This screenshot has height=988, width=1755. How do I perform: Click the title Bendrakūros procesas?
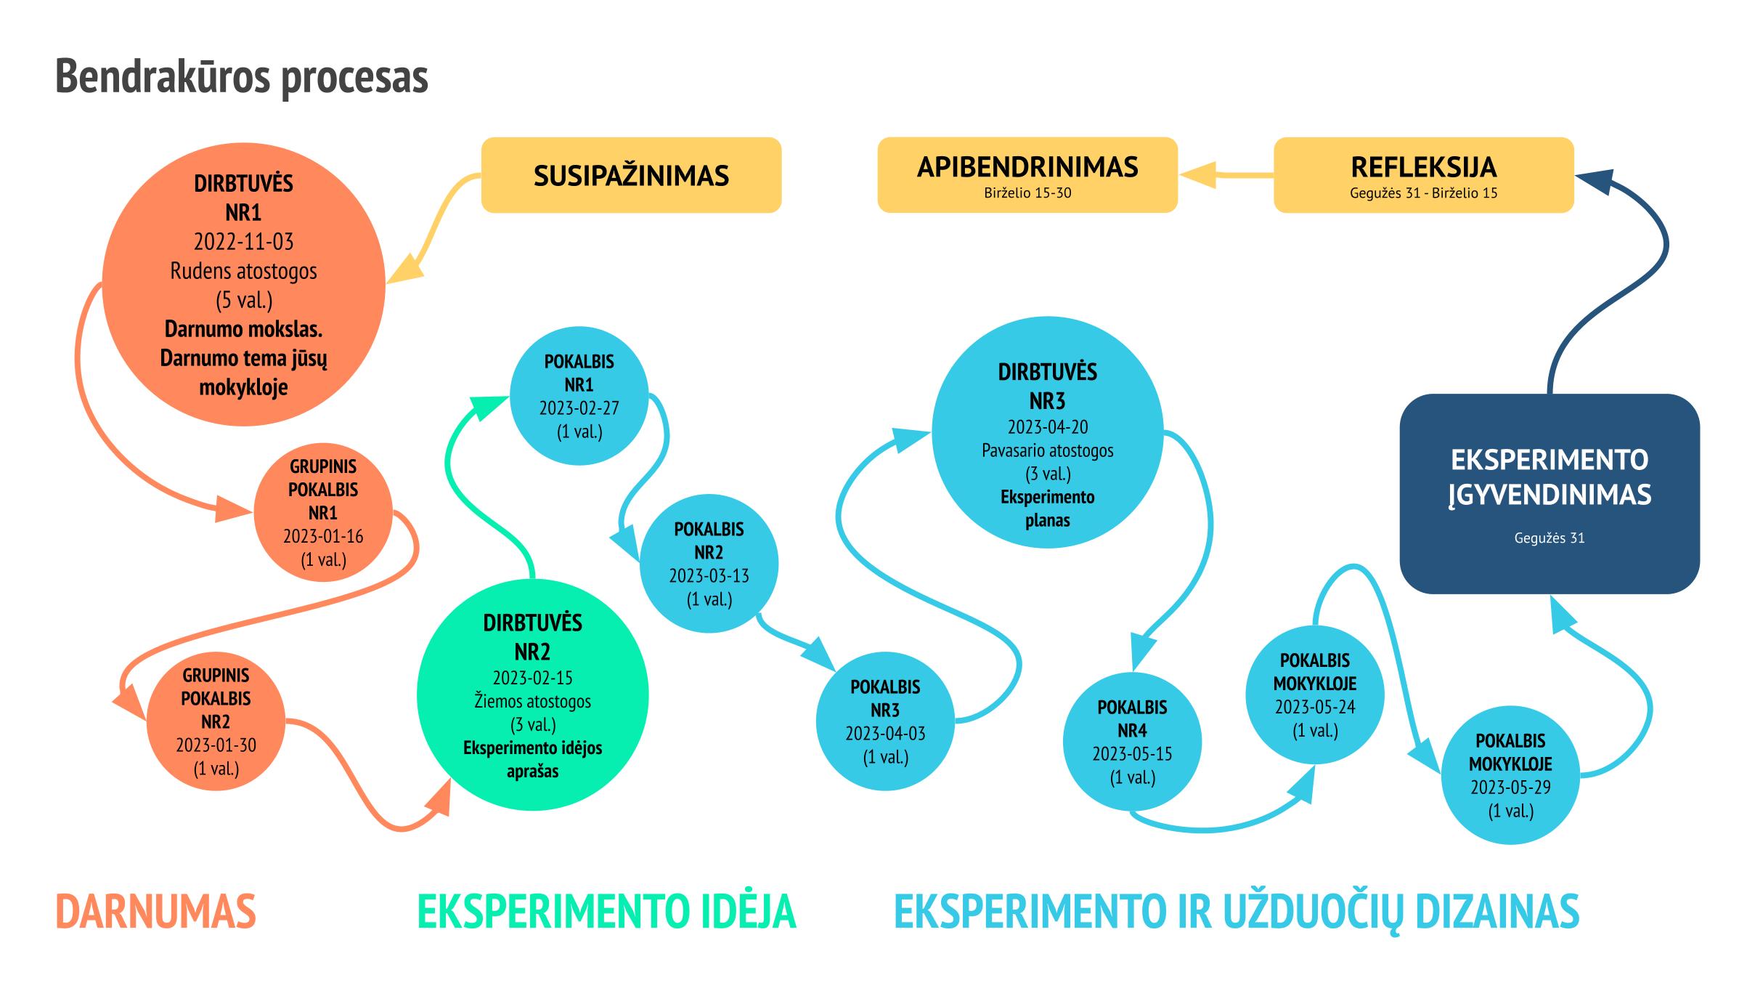coord(242,76)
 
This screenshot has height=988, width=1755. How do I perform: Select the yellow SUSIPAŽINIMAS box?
coord(631,175)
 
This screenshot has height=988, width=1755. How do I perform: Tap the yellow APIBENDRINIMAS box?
coord(1027,175)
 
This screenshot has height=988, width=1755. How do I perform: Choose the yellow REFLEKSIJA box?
coord(1423,175)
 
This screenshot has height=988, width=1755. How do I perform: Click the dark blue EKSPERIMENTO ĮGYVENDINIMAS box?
coord(1549,494)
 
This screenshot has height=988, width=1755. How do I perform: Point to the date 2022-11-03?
coord(243,242)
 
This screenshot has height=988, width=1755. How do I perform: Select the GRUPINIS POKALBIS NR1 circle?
coord(323,513)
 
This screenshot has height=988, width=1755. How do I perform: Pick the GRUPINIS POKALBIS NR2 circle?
coord(216,722)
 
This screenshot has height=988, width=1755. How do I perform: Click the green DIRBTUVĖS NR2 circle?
coord(532,695)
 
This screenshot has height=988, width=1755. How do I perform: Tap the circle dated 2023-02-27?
coord(579,397)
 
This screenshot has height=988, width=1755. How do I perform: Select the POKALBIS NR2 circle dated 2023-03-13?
coord(709,564)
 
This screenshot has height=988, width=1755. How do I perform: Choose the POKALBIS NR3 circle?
coord(885,722)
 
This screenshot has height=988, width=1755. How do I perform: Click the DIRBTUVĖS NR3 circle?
coord(1047,432)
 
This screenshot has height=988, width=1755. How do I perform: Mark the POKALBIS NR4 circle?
coord(1132,742)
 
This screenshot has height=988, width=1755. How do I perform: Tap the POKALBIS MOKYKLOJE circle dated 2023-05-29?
coord(1510,776)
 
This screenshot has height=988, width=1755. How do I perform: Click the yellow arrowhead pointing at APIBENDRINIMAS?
coord(1197,175)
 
